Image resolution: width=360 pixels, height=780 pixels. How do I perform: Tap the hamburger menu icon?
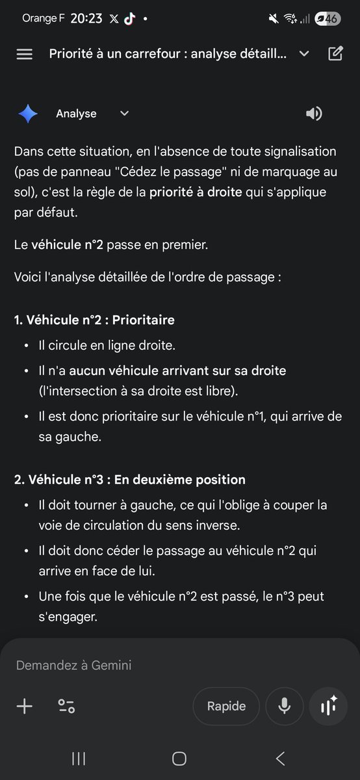(x=24, y=54)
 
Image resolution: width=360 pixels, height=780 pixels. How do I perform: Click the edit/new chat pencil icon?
(x=335, y=53)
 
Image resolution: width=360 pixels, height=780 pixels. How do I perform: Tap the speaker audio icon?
(x=314, y=114)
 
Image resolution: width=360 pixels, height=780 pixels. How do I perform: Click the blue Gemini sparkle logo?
(x=28, y=114)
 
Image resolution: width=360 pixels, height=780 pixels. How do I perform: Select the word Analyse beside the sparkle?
(x=76, y=114)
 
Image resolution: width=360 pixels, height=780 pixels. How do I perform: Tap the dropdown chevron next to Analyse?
(x=125, y=114)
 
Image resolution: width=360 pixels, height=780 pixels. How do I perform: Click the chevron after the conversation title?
(x=304, y=53)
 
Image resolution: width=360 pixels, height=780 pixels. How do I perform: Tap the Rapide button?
(x=226, y=706)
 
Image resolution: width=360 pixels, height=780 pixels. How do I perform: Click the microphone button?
(x=284, y=706)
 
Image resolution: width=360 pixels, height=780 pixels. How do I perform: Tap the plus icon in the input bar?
(x=24, y=706)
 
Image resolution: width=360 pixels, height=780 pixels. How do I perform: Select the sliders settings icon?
(x=66, y=706)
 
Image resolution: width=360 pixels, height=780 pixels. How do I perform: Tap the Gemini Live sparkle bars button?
(x=328, y=706)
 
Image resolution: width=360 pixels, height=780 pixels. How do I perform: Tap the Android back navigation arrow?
(x=281, y=758)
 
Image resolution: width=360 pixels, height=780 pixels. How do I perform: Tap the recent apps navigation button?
(x=79, y=758)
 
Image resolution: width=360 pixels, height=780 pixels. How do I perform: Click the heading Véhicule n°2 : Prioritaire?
(x=94, y=320)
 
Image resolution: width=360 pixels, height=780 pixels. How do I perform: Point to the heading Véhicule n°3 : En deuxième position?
(x=130, y=480)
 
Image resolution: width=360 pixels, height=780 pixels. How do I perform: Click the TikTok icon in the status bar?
(x=130, y=19)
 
